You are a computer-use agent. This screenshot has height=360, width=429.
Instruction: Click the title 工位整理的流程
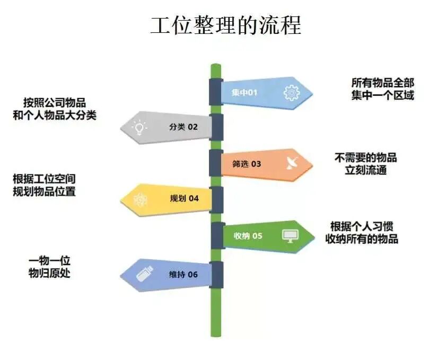[225, 25]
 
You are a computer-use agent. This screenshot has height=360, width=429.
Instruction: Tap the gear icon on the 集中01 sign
[291, 93]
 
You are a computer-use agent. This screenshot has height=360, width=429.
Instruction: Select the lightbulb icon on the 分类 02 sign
[139, 127]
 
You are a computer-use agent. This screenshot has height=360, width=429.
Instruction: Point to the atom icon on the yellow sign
[140, 199]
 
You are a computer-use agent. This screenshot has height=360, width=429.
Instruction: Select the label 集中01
[244, 93]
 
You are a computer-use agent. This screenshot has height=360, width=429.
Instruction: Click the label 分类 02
[183, 127]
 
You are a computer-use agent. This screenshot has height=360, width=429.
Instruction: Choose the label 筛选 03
[247, 164]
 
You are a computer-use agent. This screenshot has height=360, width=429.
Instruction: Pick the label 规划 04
[184, 199]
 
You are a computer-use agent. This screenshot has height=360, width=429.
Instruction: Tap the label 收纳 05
[248, 236]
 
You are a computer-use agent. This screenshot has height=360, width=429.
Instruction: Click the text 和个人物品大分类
[55, 115]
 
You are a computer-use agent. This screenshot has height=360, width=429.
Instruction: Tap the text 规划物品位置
[44, 191]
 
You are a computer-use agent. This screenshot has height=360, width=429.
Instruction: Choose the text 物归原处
[49, 274]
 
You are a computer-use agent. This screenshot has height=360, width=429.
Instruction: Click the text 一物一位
[49, 261]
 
